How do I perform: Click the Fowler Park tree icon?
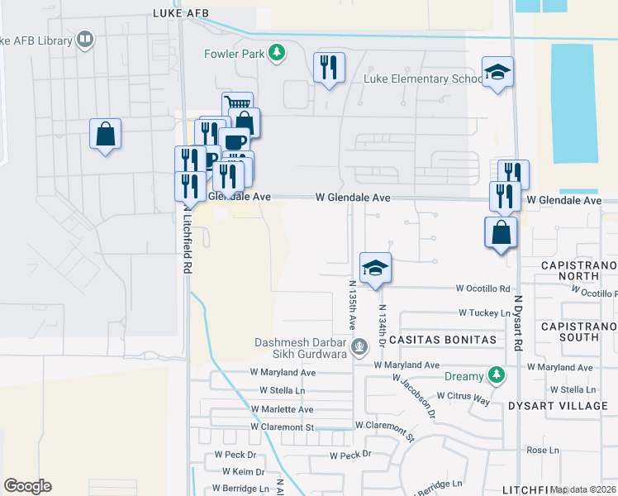pos(278,54)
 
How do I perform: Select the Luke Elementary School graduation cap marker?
pos(497,73)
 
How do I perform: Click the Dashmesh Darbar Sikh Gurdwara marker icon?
pos(359,346)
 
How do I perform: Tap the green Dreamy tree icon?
pos(496,376)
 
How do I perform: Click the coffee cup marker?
pos(234,141)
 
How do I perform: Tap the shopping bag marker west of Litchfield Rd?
pos(106,134)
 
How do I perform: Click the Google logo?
pos(27,486)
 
